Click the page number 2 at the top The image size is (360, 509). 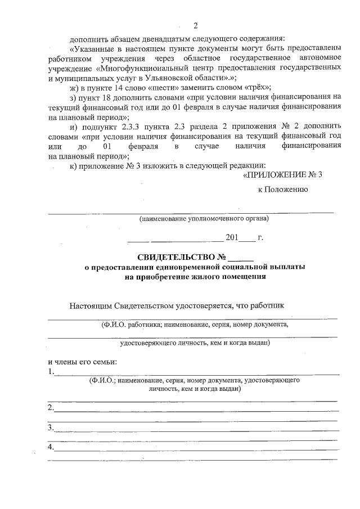[x=196, y=25]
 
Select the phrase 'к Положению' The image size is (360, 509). [x=282, y=190]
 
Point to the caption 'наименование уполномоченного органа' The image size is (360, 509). [x=204, y=218]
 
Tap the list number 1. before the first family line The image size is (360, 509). [x=51, y=371]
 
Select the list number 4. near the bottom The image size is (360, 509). [x=51, y=448]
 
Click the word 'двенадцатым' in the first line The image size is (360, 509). [x=139, y=38]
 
